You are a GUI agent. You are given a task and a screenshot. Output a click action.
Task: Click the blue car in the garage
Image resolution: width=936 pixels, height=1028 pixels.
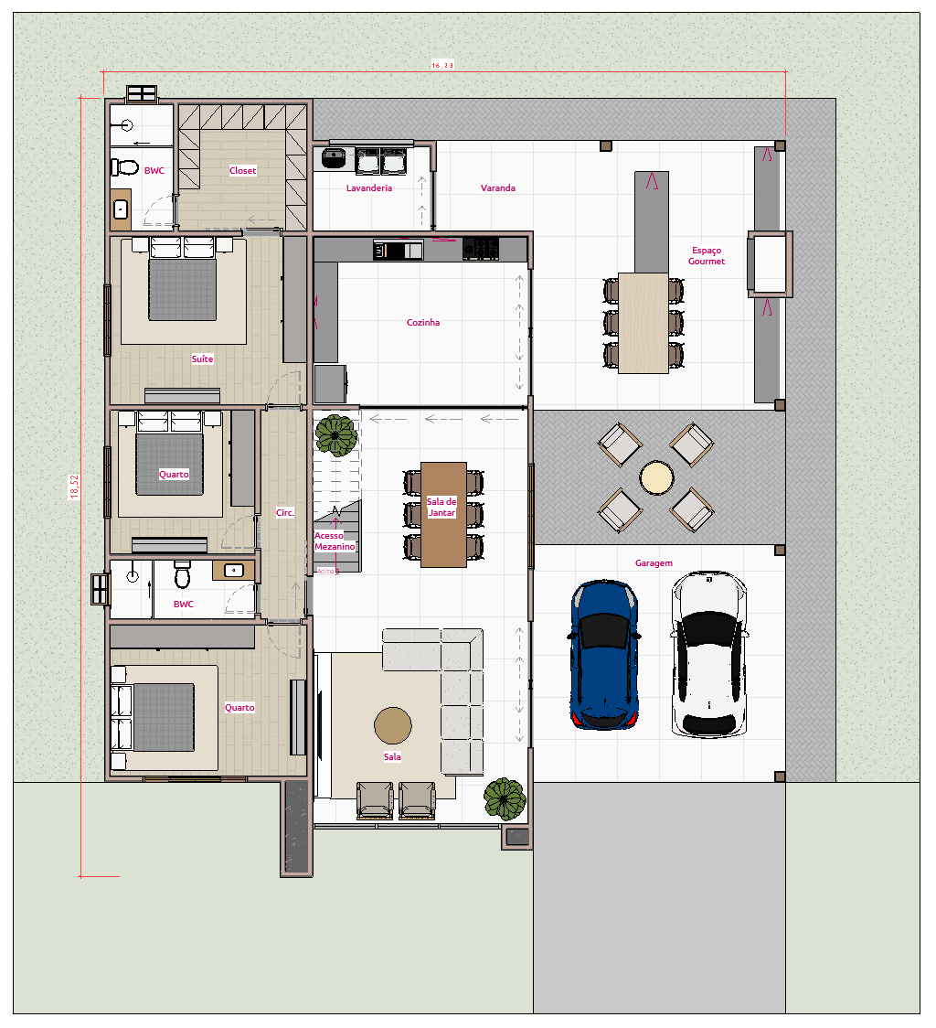603,655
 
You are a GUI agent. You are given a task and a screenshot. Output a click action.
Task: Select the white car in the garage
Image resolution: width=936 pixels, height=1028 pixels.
710,654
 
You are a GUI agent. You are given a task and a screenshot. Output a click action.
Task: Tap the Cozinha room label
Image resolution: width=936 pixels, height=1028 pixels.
423,323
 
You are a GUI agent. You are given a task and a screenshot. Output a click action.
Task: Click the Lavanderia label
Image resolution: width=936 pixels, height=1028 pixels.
369,188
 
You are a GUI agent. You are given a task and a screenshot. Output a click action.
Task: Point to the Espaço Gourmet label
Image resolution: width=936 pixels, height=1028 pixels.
707,256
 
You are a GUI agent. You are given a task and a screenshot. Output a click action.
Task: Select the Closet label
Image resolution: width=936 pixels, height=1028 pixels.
243,171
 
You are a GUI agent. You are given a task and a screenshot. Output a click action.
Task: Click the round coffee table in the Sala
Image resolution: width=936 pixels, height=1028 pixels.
392,725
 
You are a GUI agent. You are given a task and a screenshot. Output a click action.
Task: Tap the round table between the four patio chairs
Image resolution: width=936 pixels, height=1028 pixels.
656,477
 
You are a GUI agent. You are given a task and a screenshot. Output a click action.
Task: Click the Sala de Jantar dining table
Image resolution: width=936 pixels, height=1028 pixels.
443,514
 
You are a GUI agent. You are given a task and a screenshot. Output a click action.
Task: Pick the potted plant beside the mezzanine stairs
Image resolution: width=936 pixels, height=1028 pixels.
336,434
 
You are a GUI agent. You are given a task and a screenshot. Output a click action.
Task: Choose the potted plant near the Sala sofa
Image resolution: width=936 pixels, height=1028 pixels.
505,798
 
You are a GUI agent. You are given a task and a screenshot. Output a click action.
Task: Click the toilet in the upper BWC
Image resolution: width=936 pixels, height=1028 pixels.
122,168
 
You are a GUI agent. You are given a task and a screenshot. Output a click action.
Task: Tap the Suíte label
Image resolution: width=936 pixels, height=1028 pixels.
202,359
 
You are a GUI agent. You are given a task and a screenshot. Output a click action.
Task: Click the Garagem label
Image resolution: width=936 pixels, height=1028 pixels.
654,564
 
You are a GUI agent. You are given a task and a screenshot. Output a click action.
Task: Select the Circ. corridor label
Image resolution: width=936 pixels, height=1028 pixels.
285,513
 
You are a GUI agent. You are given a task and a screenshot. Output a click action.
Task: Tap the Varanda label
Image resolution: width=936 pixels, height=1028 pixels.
498,188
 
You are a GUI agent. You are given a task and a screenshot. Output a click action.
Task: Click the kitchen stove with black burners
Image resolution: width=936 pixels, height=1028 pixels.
481,248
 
